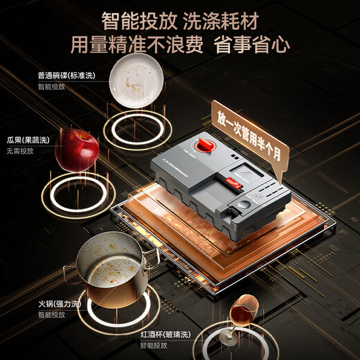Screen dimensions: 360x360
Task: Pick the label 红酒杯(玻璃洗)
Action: (167, 334)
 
